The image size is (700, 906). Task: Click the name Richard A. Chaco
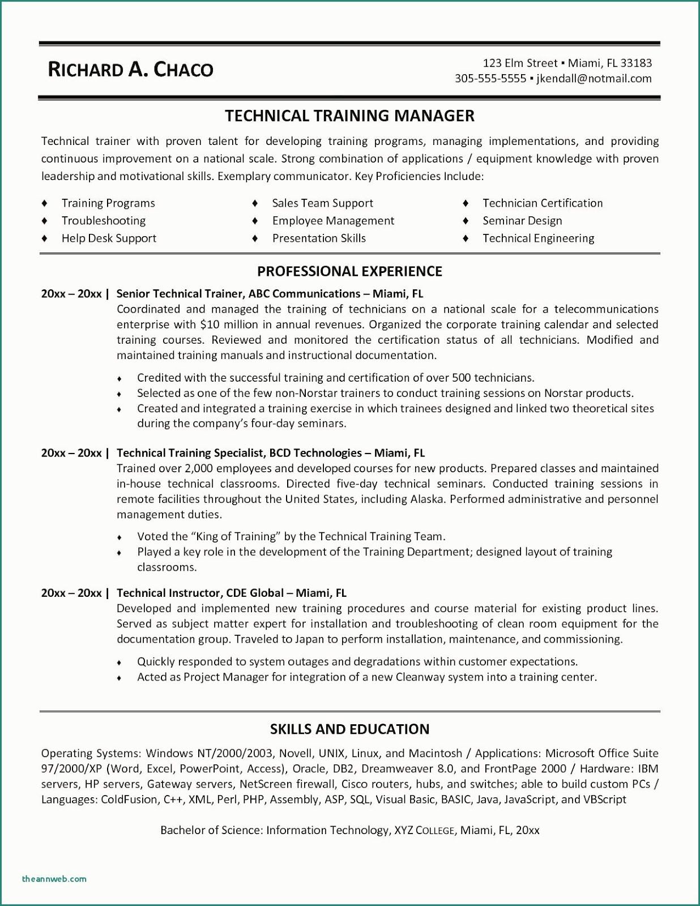pyautogui.click(x=130, y=69)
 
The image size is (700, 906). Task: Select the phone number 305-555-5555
pyautogui.click(x=490, y=79)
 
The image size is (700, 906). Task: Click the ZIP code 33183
pyautogui.click(x=636, y=63)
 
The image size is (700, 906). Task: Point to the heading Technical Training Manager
pyautogui.click(x=349, y=116)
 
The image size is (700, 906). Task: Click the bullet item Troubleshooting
pyautogui.click(x=103, y=221)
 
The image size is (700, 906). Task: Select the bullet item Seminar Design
pyautogui.click(x=522, y=221)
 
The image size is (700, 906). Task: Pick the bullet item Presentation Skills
pyautogui.click(x=319, y=238)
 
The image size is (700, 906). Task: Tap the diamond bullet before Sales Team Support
pyautogui.click(x=255, y=203)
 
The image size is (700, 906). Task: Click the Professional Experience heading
pyautogui.click(x=349, y=271)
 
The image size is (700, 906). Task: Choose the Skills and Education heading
pyautogui.click(x=349, y=729)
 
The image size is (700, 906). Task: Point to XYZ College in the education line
pyautogui.click(x=424, y=830)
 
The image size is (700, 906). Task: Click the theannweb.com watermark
pyautogui.click(x=54, y=879)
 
